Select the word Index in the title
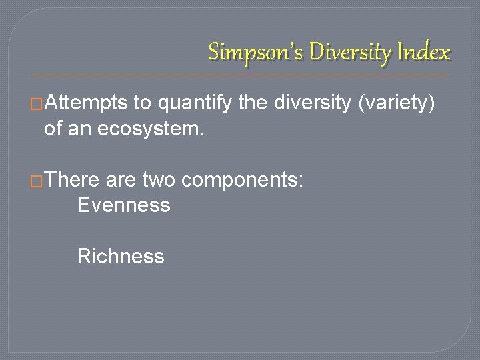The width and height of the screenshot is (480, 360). click(x=427, y=51)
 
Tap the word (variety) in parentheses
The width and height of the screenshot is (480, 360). click(x=402, y=103)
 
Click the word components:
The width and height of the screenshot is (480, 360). click(x=243, y=180)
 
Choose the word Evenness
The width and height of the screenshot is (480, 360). click(x=123, y=205)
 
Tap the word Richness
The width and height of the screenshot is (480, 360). click(x=121, y=256)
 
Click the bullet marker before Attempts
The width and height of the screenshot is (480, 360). click(x=38, y=104)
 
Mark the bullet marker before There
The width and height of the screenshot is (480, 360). click(x=38, y=181)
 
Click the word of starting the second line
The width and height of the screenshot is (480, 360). click(x=53, y=129)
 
